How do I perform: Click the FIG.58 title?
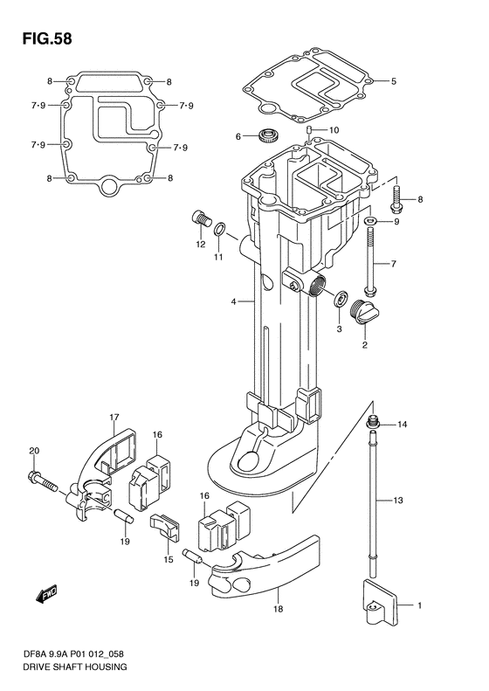click(46, 38)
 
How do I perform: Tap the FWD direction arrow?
click(46, 595)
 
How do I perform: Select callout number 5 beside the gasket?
click(394, 81)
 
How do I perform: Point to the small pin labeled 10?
click(309, 130)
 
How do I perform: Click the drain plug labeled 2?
click(365, 314)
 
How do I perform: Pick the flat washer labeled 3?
click(341, 300)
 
